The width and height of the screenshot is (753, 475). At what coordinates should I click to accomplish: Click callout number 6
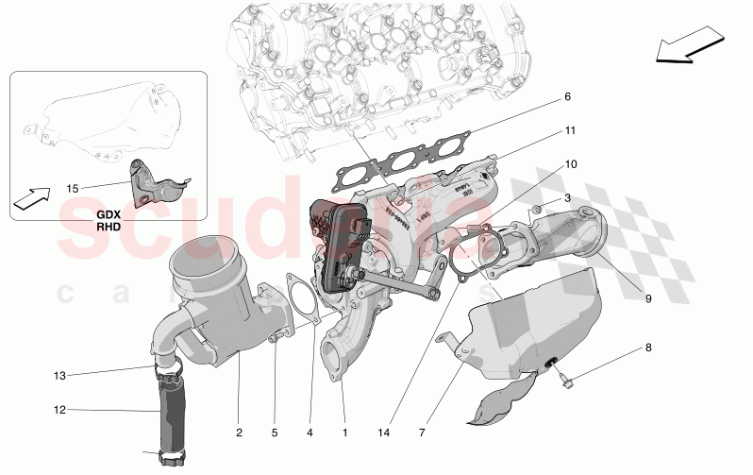567,96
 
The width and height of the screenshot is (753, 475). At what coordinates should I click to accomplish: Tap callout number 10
570,163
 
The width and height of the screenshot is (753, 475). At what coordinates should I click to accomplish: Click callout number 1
344,433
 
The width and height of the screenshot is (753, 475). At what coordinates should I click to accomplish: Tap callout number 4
309,433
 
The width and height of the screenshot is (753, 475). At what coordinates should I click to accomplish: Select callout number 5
275,433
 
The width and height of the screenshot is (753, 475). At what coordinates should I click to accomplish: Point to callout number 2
240,433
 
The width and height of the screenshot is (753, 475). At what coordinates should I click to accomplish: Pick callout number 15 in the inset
73,188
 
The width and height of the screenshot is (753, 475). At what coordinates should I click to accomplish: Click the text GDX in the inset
109,215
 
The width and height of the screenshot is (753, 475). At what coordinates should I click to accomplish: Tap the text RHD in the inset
109,228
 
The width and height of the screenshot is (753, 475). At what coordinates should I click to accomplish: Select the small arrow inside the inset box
30,197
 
